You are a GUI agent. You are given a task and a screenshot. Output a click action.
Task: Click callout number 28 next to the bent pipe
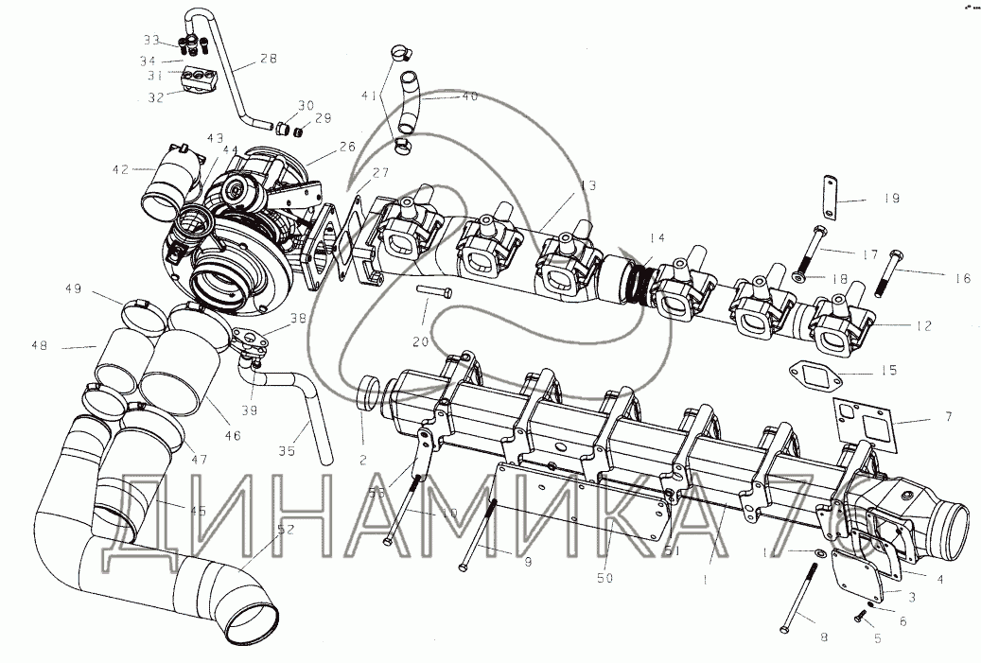click(268, 60)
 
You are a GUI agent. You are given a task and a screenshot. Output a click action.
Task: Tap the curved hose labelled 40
click(412, 104)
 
